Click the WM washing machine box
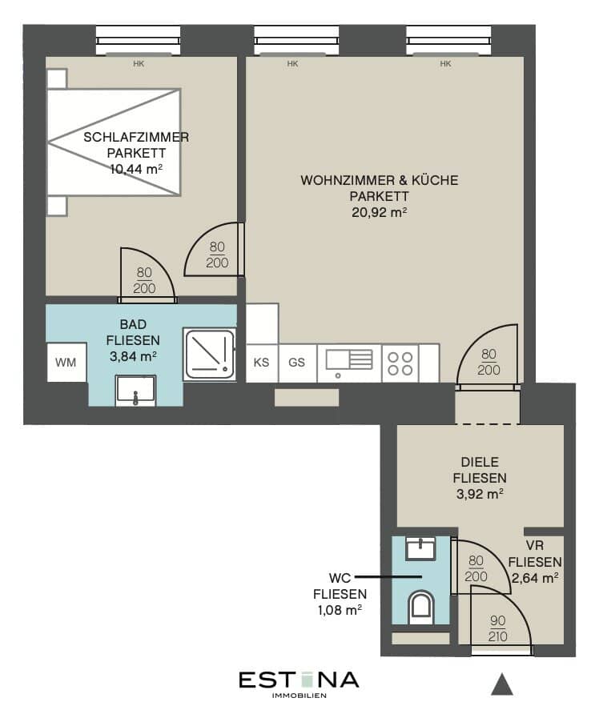[x=66, y=363]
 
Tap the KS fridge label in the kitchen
[x=261, y=363]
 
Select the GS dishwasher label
[x=296, y=363]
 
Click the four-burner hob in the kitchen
[x=400, y=363]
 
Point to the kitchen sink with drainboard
[x=349, y=363]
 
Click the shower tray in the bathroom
[x=210, y=355]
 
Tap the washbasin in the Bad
[x=135, y=391]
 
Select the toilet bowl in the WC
[x=421, y=608]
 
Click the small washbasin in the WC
[x=420, y=548]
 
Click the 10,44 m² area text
[x=136, y=170]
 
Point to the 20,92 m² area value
[x=380, y=212]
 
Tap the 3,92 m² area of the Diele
[x=480, y=494]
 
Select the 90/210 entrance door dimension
[x=497, y=628]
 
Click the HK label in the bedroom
[x=139, y=64]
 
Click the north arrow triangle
[x=502, y=684]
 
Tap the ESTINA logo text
[x=299, y=680]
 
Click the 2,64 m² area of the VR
[x=535, y=578]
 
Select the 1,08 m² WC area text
[x=340, y=610]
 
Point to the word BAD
[x=133, y=324]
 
